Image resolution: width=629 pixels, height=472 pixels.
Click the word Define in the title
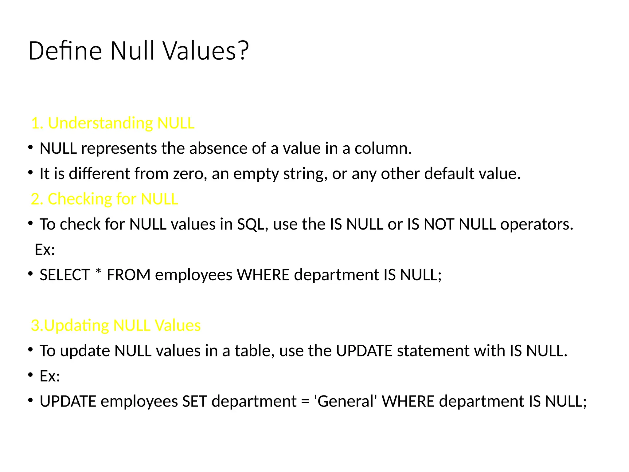point(65,51)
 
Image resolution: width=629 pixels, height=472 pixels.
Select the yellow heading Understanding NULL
point(113,123)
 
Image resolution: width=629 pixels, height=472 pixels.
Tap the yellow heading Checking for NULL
point(104,199)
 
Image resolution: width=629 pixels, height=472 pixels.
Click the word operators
point(537,225)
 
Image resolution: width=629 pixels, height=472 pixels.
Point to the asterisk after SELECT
point(98,272)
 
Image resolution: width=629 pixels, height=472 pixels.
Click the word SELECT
point(64,275)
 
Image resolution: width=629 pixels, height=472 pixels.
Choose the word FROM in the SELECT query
point(128,275)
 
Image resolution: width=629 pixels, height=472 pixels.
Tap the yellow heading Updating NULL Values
point(116,325)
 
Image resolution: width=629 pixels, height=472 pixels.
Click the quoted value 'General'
point(345,402)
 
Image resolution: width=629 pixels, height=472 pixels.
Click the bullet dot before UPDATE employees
point(30,400)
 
